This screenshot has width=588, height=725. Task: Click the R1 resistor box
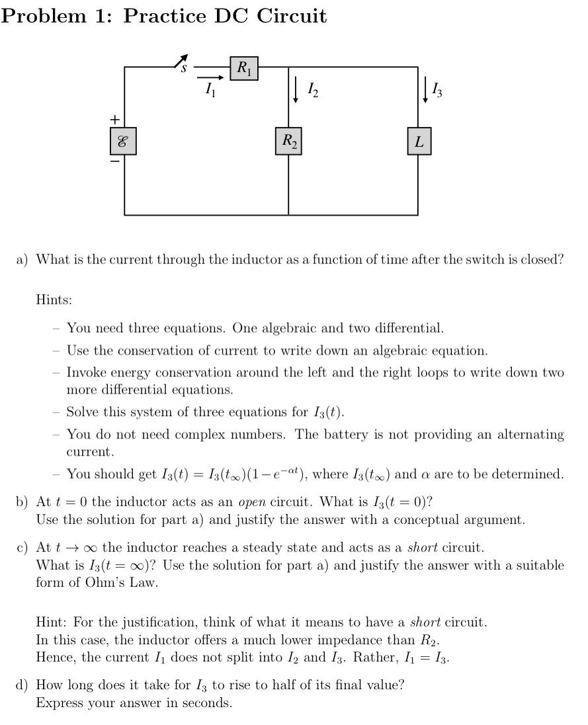pyautogui.click(x=244, y=68)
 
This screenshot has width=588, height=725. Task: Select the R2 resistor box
pyautogui.click(x=288, y=141)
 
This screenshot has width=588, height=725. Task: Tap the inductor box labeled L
pyautogui.click(x=419, y=142)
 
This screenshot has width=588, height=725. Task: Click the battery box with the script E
pyautogui.click(x=123, y=142)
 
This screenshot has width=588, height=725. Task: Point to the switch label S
pyautogui.click(x=185, y=67)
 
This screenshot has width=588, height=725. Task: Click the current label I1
pyautogui.click(x=209, y=90)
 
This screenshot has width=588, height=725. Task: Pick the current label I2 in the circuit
pyautogui.click(x=313, y=89)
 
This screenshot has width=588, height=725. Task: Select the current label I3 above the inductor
pyautogui.click(x=437, y=89)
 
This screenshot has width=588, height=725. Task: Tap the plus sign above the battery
pyautogui.click(x=115, y=119)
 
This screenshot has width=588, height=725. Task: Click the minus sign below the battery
pyautogui.click(x=115, y=161)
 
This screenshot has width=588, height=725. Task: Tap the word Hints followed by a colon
pyautogui.click(x=54, y=300)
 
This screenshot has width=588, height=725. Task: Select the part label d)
pyautogui.click(x=22, y=685)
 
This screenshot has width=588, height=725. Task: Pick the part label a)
pyautogui.click(x=22, y=259)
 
